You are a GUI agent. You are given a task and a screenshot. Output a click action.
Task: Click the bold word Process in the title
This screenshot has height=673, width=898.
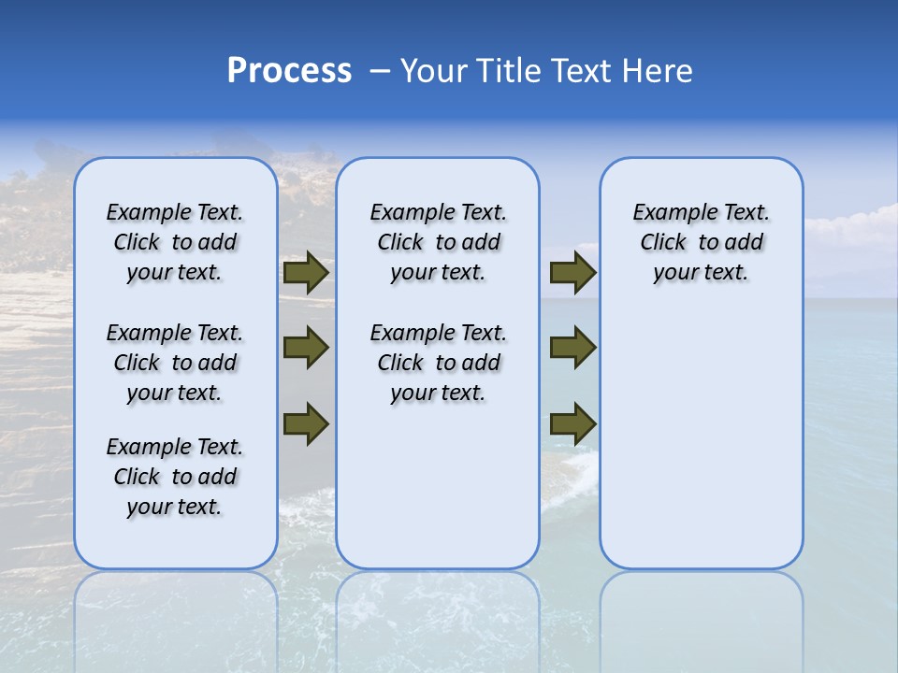click(289, 71)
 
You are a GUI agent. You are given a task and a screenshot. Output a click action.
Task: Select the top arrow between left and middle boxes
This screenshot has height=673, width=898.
click(306, 273)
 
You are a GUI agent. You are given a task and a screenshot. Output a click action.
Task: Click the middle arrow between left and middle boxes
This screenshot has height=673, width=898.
click(306, 348)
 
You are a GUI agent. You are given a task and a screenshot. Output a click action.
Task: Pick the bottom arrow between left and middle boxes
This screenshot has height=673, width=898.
click(306, 422)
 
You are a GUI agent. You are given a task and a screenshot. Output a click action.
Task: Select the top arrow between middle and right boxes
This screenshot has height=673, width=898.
click(572, 273)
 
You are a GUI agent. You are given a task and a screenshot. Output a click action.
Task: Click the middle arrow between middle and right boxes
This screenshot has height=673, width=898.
click(572, 348)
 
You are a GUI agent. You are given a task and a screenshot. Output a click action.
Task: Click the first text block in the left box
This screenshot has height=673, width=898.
click(175, 242)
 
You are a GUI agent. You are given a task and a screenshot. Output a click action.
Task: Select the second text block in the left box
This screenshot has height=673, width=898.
click(175, 363)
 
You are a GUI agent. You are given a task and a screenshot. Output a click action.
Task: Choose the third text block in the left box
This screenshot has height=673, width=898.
click(175, 477)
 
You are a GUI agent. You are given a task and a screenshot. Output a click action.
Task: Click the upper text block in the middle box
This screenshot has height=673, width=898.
click(438, 242)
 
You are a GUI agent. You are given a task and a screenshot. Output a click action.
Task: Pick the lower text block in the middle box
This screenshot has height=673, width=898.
click(438, 363)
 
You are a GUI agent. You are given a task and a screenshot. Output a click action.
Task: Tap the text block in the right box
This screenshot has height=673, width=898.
click(702, 242)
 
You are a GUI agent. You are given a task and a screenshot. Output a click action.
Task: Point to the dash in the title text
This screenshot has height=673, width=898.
click(379, 71)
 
